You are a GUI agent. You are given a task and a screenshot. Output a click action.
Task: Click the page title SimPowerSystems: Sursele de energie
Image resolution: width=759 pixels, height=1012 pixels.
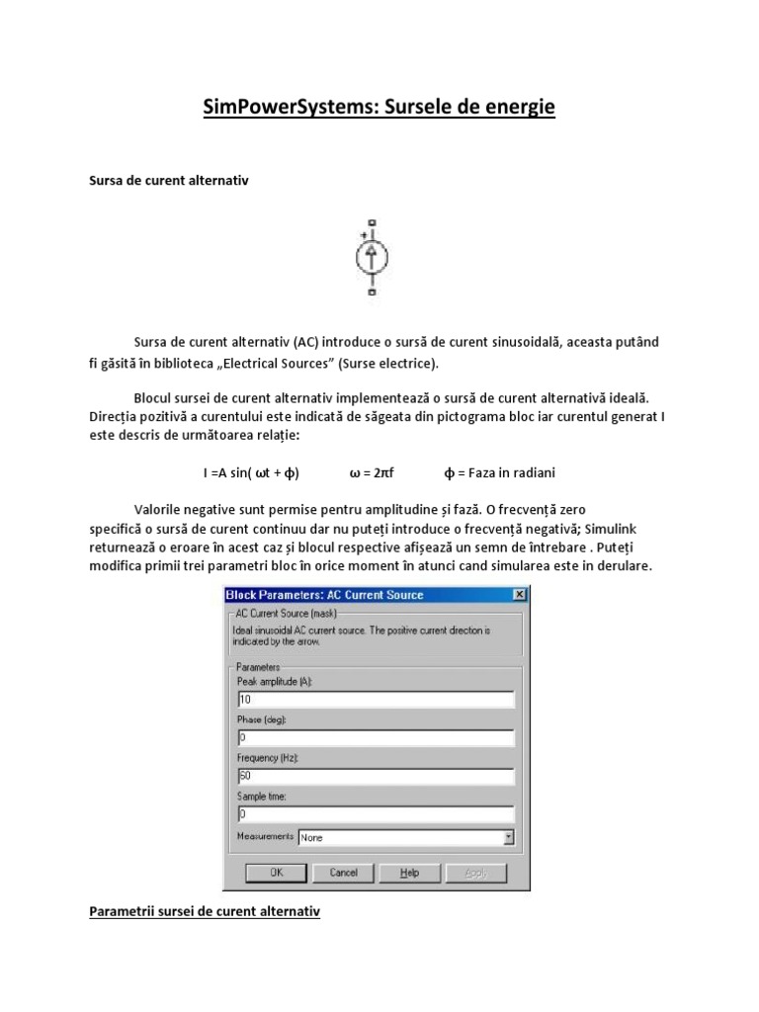[x=379, y=107]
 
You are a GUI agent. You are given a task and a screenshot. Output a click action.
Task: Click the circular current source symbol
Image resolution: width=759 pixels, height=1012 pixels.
[x=372, y=258]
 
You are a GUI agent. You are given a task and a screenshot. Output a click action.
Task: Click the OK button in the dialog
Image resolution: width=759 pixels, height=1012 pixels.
[x=277, y=873]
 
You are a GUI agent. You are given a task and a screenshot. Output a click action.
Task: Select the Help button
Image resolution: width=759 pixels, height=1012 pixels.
[x=409, y=873]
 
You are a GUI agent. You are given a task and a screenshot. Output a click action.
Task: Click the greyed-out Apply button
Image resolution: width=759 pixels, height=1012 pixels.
[x=475, y=873]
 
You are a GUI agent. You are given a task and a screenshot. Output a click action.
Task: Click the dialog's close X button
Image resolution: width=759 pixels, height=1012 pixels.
[x=519, y=595]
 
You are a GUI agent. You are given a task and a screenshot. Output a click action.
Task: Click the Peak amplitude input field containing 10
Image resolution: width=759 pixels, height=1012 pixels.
[x=376, y=701]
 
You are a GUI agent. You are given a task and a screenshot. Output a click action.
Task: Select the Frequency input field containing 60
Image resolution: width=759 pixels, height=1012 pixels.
[x=376, y=777]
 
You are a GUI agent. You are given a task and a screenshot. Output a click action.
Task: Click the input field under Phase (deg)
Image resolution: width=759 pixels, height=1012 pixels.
[x=376, y=738]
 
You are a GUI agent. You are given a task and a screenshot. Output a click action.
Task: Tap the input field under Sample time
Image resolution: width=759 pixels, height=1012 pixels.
[x=376, y=814]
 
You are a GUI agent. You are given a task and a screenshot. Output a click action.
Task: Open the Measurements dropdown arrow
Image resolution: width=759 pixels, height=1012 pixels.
[x=508, y=837]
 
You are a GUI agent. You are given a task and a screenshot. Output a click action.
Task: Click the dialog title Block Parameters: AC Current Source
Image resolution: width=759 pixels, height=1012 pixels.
[x=325, y=595]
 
